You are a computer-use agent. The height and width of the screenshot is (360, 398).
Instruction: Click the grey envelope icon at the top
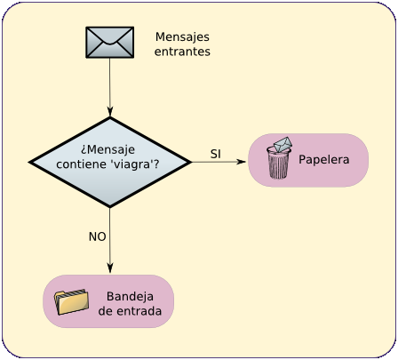[x=110, y=43]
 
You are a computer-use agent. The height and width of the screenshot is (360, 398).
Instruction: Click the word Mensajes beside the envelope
[x=182, y=37]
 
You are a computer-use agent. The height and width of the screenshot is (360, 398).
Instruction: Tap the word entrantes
[x=182, y=52]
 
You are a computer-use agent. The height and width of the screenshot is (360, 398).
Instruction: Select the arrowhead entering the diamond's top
[x=110, y=112]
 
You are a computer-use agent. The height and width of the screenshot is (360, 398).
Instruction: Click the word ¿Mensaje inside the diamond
[x=107, y=149]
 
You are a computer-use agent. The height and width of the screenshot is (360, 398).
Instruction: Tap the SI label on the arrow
[x=216, y=154]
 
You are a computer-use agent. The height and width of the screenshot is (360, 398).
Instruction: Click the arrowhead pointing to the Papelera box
[x=241, y=162]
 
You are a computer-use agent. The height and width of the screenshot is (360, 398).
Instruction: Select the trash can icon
[x=278, y=163]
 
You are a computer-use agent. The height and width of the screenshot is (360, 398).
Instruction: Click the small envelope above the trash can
[x=283, y=144]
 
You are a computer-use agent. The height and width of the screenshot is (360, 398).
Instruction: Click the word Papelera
[x=324, y=160]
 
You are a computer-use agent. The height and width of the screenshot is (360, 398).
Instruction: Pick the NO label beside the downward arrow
[x=97, y=236]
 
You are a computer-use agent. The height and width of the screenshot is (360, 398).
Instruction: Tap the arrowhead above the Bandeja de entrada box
[x=110, y=268]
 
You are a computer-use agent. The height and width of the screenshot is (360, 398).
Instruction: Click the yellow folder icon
[x=71, y=301]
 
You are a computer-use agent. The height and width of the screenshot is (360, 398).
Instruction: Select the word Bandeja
[x=130, y=297]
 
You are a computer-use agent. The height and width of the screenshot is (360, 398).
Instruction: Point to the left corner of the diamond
[x=29, y=162]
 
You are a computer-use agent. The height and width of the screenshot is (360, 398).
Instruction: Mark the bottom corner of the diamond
[x=110, y=206]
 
